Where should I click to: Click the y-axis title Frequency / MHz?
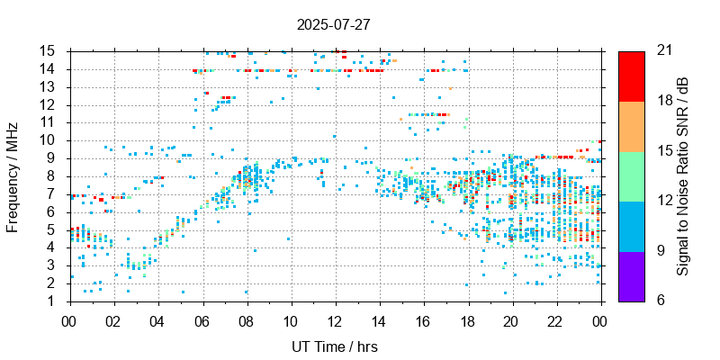[13, 176]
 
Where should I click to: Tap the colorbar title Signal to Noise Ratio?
[683, 176]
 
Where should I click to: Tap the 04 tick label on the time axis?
[157, 319]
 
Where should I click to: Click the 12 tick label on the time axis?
[335, 319]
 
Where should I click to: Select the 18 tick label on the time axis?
[467, 319]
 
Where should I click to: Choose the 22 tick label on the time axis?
[555, 319]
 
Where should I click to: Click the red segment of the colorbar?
[631, 76]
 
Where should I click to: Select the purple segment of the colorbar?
[631, 275]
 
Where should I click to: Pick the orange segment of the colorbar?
[631, 126]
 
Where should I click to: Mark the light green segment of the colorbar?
[631, 175]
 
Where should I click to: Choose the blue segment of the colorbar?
[631, 226]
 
